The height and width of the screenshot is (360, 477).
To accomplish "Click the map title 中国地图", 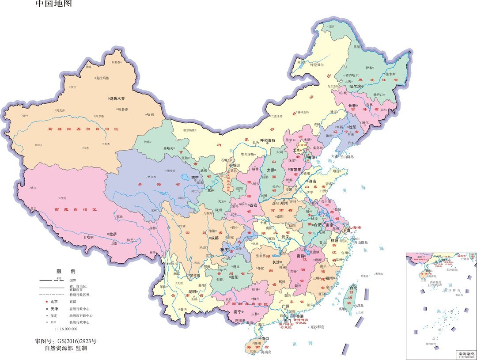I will pyautogui.click(x=53, y=4).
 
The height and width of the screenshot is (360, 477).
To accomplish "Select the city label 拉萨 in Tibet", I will pyautogui.click(x=113, y=234).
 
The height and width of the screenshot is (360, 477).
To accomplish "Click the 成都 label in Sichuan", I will pyautogui.click(x=214, y=238).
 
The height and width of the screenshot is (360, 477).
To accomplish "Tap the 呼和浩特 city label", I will pyautogui.click(x=267, y=140).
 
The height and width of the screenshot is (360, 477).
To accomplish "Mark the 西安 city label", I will pyautogui.click(x=253, y=205).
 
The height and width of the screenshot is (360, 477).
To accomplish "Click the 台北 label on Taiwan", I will pyautogui.click(x=353, y=288).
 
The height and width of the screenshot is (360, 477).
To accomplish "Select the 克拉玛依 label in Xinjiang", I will pyautogui.click(x=102, y=78).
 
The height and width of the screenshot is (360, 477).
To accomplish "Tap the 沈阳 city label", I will pyautogui.click(x=352, y=127).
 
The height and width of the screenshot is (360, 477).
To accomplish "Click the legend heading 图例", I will pyautogui.click(x=66, y=271).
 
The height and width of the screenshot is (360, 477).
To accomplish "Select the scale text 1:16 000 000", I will pyautogui.click(x=66, y=329).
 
